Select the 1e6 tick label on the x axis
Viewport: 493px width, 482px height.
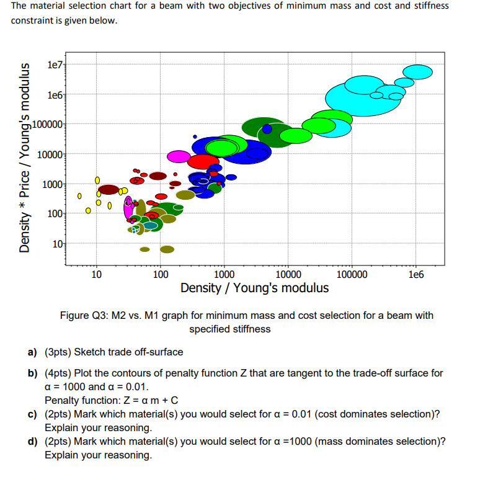(416, 275)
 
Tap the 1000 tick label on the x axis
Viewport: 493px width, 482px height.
(224, 275)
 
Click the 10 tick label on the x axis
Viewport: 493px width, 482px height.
(96, 275)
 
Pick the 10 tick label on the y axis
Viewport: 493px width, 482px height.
(57, 244)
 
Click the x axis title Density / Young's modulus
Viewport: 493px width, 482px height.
(254, 288)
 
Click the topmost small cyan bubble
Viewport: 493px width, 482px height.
(421, 72)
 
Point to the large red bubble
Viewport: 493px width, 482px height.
(203, 161)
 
